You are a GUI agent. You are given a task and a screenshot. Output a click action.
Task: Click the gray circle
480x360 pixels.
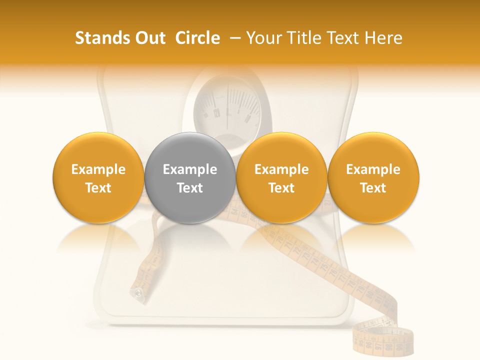pyautogui.click(x=189, y=177)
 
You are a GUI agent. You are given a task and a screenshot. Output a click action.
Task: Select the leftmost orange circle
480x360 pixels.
pyautogui.click(x=98, y=177)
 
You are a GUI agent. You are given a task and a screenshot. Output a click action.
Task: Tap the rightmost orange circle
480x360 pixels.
pyautogui.click(x=373, y=177)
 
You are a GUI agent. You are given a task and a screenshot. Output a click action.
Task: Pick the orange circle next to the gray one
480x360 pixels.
pyautogui.click(x=281, y=177)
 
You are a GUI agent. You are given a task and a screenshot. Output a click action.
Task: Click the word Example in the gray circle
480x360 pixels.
pyautogui.click(x=189, y=169)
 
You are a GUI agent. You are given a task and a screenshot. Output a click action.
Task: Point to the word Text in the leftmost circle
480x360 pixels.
pyautogui.click(x=98, y=188)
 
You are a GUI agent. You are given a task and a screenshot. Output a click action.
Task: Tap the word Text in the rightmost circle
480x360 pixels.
pyautogui.click(x=373, y=188)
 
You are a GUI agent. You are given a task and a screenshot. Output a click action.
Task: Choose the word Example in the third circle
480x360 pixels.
pyautogui.click(x=281, y=169)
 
